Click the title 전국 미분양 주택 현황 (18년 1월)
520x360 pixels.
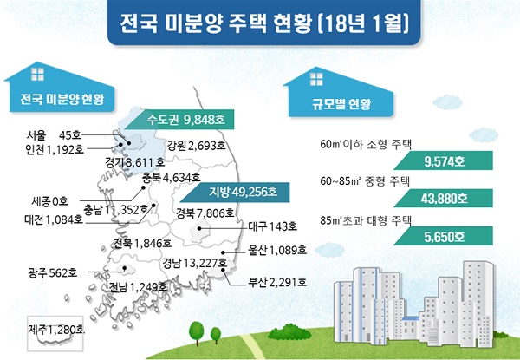[x=264, y=23]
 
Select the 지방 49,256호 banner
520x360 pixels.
[x=235, y=193]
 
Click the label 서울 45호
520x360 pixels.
[x=54, y=135]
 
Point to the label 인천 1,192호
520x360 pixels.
[x=55, y=150]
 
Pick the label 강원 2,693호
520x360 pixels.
[x=197, y=146]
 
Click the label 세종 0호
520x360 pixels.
[x=49, y=200]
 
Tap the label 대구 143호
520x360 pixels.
[x=273, y=226]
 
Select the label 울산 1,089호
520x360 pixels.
[x=277, y=250]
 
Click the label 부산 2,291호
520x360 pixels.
[x=277, y=282]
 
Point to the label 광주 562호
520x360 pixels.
[x=53, y=272]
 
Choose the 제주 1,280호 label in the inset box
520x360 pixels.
[x=56, y=330]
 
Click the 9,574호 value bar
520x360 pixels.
[x=444, y=160]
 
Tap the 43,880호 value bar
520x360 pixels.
[x=444, y=199]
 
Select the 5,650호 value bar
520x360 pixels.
[x=444, y=236]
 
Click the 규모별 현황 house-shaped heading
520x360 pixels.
[x=338, y=93]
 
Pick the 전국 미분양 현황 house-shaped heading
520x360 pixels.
[x=60, y=88]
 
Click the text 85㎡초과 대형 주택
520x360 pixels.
[x=366, y=220]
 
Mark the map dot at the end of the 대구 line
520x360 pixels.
[x=199, y=228]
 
